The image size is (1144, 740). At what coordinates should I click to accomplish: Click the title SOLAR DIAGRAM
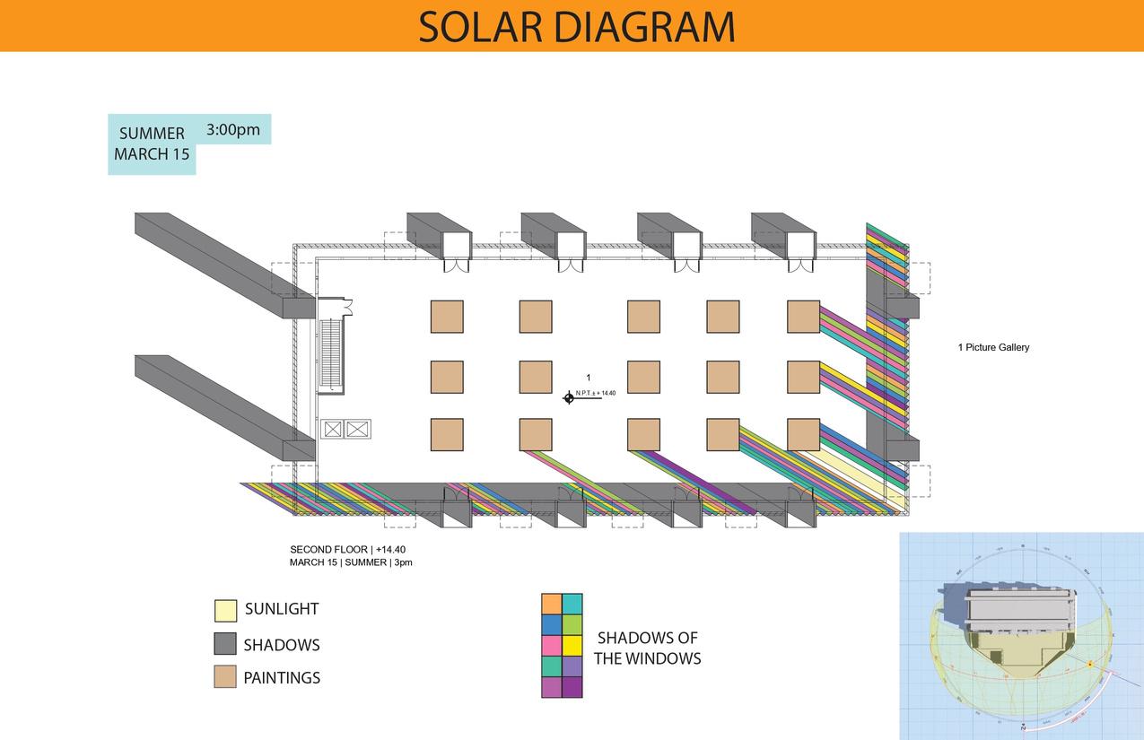[576, 27]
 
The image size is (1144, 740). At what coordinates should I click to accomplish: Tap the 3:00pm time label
[233, 129]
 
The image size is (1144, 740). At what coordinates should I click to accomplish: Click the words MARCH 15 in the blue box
[152, 153]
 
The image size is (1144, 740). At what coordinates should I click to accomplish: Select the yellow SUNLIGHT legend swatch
[225, 610]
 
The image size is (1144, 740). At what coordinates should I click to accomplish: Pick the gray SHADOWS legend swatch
[225, 644]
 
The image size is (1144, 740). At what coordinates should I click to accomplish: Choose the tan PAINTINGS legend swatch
[225, 677]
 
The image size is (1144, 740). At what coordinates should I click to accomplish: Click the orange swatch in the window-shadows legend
[552, 604]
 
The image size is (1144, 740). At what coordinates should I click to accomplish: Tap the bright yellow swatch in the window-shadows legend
[572, 646]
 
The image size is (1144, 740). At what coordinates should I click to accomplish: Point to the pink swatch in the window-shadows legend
[552, 646]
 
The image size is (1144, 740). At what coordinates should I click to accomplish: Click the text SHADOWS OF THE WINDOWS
[647, 648]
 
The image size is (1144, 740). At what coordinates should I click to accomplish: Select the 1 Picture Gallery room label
[993, 347]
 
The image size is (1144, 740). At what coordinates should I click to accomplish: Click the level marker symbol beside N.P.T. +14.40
[569, 397]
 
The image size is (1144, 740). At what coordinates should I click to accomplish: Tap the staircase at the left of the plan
[330, 354]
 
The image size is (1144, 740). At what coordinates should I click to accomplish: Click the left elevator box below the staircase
[333, 430]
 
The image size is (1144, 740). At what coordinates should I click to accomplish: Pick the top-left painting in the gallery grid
[447, 317]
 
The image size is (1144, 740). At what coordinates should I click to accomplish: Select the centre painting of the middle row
[643, 377]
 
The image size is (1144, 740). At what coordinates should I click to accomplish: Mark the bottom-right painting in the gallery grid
[803, 434]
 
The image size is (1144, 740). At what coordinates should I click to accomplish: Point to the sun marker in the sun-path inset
[1090, 664]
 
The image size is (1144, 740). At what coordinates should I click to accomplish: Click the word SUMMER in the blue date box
[152, 134]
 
